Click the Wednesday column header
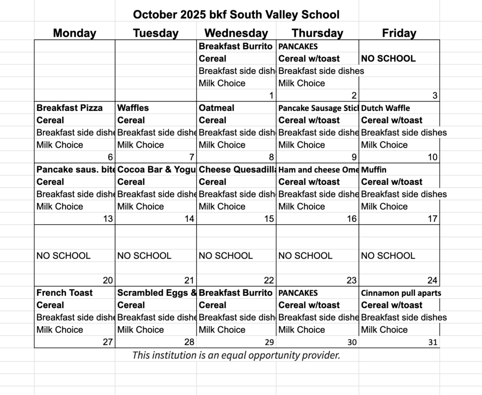pos(236,33)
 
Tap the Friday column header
pos(399,33)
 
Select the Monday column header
pos(74,33)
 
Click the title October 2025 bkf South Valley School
pos(236,15)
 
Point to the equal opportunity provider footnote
pos(236,355)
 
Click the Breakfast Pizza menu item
pos(70,108)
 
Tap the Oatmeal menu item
pos(217,108)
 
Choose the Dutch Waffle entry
pos(386,108)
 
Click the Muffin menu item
pos(374,169)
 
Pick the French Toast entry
pos(65,292)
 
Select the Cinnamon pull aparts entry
pos(401,293)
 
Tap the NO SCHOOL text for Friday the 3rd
pos(388,59)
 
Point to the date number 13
pos(108,219)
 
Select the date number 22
pos(268,281)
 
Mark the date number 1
pos(271,96)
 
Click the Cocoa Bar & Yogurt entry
pos(156,169)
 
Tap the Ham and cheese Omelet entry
pos(318,170)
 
